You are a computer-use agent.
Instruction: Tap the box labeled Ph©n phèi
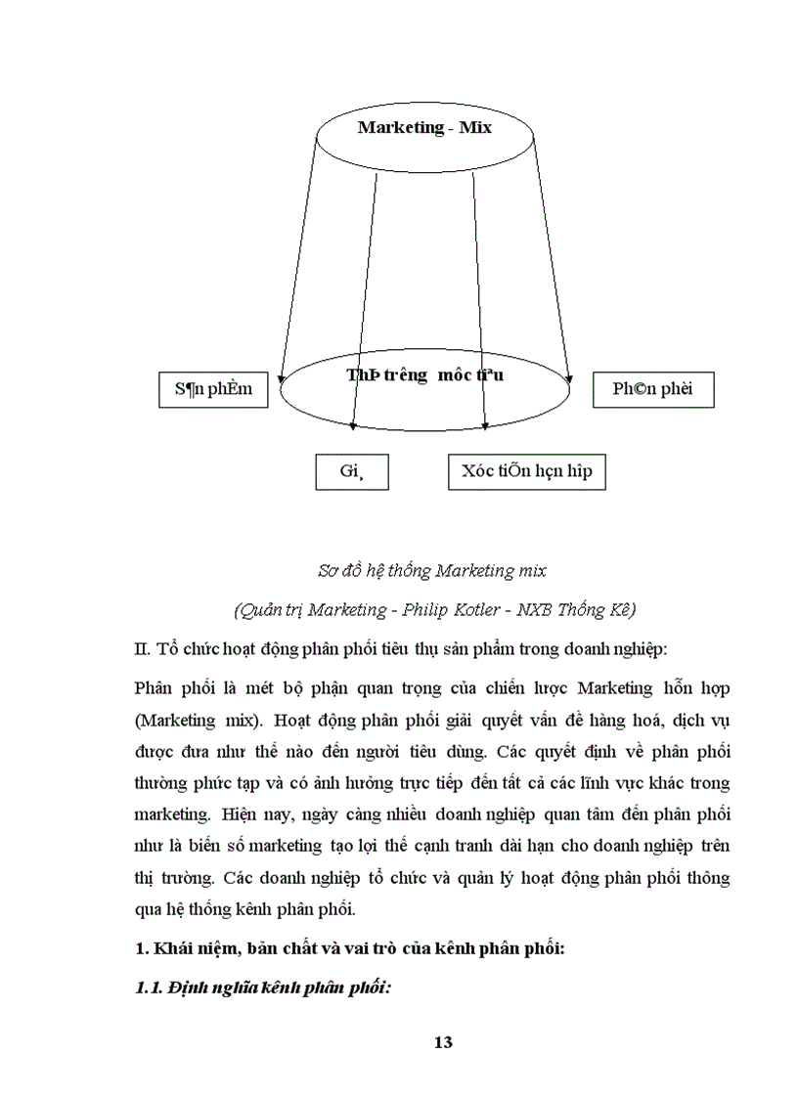[x=652, y=389]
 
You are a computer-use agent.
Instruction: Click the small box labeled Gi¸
[x=351, y=471]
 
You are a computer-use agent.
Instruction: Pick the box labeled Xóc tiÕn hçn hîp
[x=527, y=471]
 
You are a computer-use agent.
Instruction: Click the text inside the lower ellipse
[x=424, y=375]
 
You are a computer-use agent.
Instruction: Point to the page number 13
[x=442, y=1041]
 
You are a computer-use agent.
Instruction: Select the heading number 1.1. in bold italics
[x=148, y=988]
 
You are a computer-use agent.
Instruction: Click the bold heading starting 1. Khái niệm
[x=348, y=948]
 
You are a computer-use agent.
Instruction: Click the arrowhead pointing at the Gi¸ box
[x=352, y=425]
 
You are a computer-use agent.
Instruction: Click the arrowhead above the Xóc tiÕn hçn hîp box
[x=486, y=425]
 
